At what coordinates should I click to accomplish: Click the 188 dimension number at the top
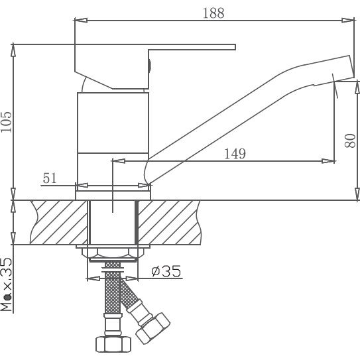click(213, 13)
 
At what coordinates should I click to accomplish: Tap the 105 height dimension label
click(6, 122)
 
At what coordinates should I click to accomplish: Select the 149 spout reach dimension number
click(235, 154)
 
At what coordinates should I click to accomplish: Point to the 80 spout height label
click(350, 141)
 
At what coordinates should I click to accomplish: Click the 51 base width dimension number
click(50, 178)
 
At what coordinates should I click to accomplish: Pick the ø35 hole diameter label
click(166, 271)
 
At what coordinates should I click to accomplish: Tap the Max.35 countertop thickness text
click(6, 284)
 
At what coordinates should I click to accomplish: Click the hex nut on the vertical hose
click(113, 344)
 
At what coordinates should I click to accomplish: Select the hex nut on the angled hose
click(153, 328)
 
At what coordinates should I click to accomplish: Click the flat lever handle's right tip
click(235, 47)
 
